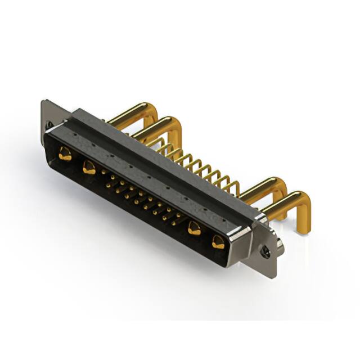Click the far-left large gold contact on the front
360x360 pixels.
click(x=65, y=154)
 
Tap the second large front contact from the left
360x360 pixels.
click(x=88, y=166)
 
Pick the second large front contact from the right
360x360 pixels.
click(x=195, y=228)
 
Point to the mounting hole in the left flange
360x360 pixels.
click(x=49, y=125)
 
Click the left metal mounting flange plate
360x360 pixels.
click(x=48, y=115)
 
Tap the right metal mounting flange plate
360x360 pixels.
click(x=270, y=242)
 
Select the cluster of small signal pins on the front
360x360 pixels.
click(x=141, y=197)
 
